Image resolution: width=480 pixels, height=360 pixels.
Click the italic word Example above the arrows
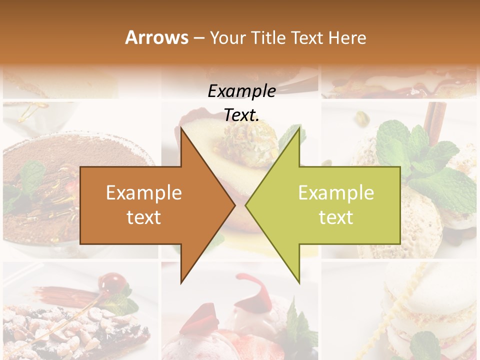241,91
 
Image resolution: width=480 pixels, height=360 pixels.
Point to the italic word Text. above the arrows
241,115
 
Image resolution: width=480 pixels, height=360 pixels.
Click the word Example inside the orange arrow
144,193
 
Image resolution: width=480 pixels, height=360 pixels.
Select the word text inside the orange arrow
144,217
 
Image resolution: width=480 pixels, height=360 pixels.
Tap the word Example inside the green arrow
336,193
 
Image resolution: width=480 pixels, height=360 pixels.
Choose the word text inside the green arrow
336,217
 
